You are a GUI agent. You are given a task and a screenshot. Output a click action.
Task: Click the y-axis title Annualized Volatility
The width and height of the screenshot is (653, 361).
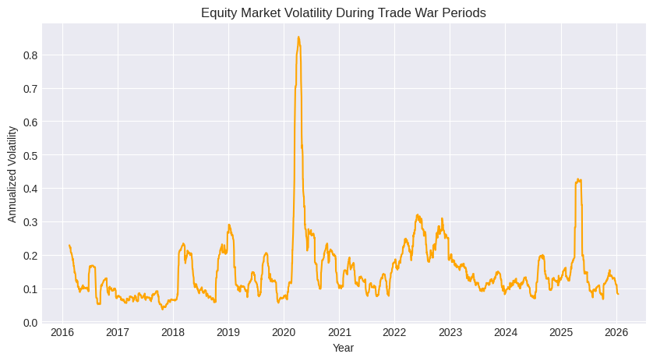[12, 173]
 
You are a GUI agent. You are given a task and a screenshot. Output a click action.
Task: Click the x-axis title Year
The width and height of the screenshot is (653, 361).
[344, 348]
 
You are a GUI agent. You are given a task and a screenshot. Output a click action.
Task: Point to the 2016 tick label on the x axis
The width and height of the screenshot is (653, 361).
[62, 333]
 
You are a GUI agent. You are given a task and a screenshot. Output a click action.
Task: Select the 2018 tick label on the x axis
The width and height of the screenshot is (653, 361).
[173, 333]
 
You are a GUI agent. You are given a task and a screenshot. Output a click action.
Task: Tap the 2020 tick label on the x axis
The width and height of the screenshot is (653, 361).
[284, 333]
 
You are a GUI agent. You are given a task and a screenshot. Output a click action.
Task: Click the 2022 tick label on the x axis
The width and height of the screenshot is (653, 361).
[394, 333]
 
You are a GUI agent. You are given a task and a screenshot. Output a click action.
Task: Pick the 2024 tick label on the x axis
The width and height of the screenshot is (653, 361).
[505, 333]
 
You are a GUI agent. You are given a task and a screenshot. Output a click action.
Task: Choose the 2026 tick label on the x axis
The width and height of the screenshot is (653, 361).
[616, 333]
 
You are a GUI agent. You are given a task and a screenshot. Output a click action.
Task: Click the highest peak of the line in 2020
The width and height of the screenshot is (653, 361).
[298, 37]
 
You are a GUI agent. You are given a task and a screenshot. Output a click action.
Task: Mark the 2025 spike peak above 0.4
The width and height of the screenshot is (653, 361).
[577, 179]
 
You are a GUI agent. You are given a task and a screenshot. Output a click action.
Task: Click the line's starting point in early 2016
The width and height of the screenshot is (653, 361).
[69, 245]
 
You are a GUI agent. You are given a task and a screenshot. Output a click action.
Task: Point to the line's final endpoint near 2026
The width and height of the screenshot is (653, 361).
[618, 294]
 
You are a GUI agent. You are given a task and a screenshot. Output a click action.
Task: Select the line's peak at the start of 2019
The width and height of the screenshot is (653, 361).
[229, 225]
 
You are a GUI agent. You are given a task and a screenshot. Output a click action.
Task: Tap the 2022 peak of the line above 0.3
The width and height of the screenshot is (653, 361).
[418, 214]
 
